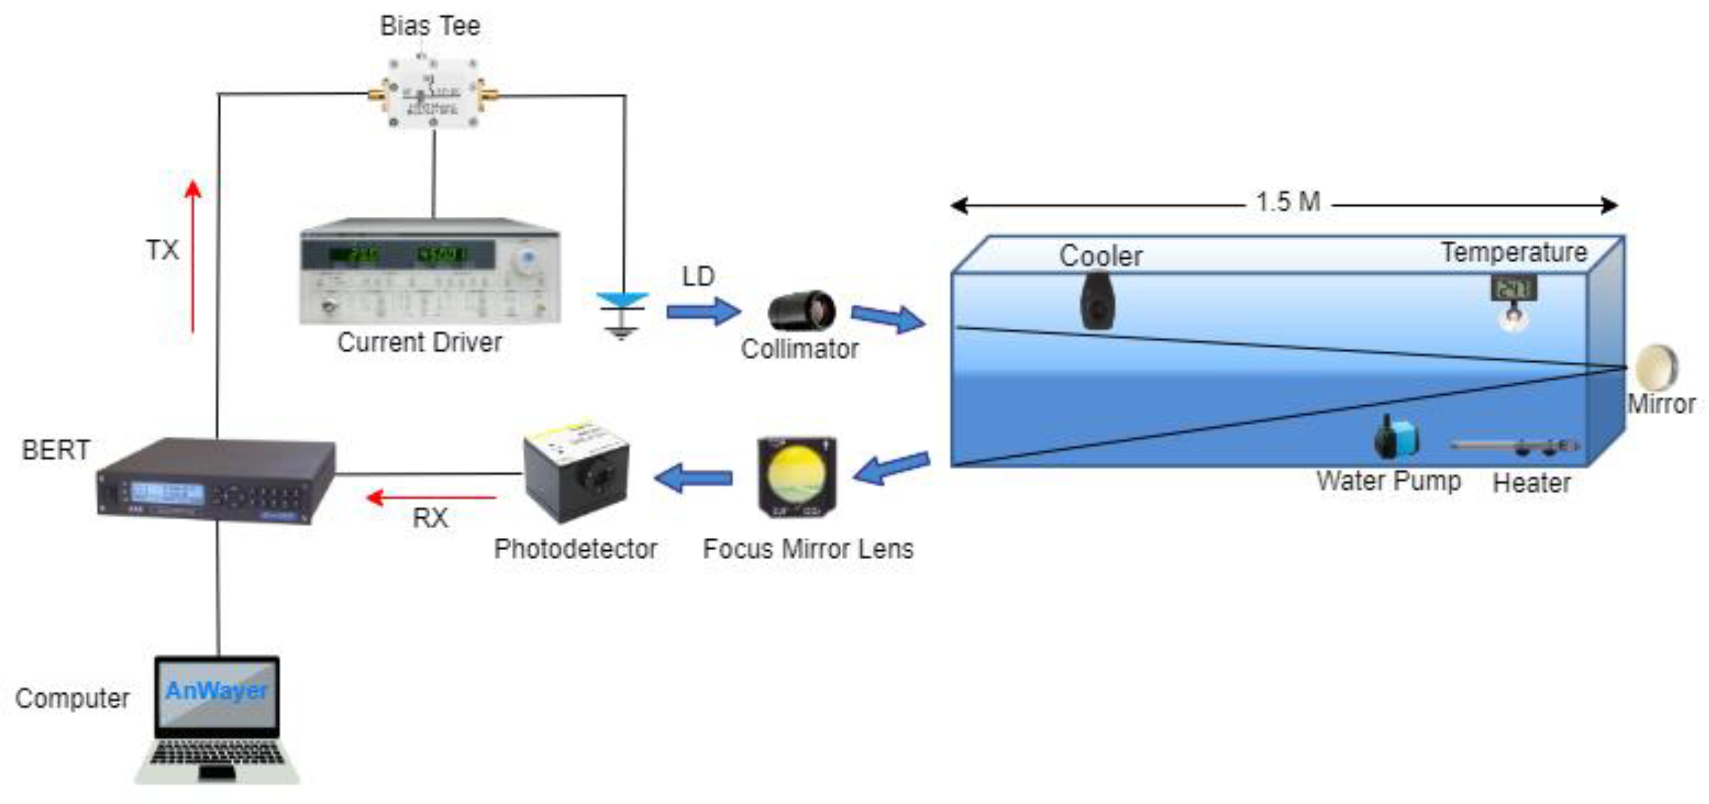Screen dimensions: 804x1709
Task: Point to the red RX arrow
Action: pyautogui.click(x=431, y=497)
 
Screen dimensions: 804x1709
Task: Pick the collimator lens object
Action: pyautogui.click(x=802, y=310)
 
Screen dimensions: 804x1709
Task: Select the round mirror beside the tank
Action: pyautogui.click(x=1656, y=367)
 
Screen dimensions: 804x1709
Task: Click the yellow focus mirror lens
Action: pyautogui.click(x=797, y=476)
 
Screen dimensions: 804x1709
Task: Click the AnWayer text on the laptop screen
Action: pyautogui.click(x=216, y=690)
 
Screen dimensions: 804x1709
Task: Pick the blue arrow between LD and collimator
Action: pyautogui.click(x=703, y=310)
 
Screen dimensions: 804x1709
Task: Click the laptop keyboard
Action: pyautogui.click(x=217, y=754)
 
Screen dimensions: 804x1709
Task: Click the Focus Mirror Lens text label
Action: pyautogui.click(x=808, y=549)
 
